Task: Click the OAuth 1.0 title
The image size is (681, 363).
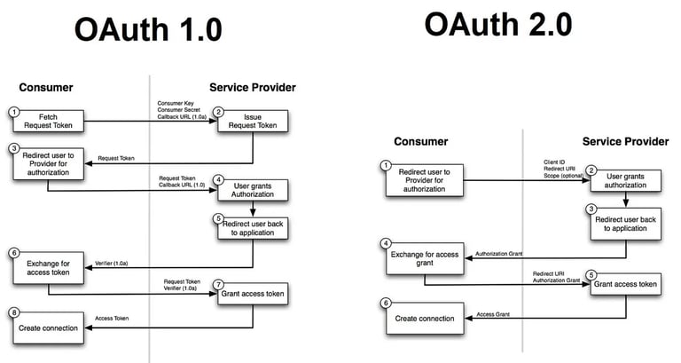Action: pyautogui.click(x=148, y=30)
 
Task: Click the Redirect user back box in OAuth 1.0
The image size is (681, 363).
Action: pyautogui.click(x=254, y=227)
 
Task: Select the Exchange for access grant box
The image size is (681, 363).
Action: pyautogui.click(x=425, y=259)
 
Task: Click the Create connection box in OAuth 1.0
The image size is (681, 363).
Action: pyautogui.click(x=49, y=327)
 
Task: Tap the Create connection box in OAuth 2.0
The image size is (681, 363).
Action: pyautogui.click(x=425, y=319)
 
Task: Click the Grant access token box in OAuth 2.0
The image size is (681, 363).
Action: pyautogui.click(x=625, y=284)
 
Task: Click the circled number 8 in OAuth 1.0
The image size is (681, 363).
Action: pyautogui.click(x=14, y=313)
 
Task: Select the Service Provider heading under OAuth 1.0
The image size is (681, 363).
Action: pyautogui.click(x=253, y=87)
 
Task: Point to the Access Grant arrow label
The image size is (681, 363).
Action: pyautogui.click(x=496, y=313)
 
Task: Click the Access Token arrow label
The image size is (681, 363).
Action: pyautogui.click(x=112, y=318)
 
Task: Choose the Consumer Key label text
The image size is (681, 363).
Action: pyautogui.click(x=176, y=104)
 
